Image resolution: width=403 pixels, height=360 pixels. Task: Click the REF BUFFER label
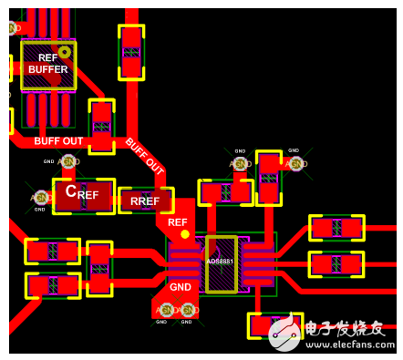(47, 63)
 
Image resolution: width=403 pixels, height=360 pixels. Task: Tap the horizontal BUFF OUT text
(58, 140)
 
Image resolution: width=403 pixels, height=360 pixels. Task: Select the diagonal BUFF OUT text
(144, 157)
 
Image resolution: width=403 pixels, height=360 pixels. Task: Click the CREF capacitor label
(82, 193)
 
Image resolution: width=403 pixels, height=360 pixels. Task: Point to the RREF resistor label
(144, 201)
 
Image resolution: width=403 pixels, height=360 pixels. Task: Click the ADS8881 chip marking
(220, 262)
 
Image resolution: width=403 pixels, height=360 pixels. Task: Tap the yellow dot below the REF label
(185, 234)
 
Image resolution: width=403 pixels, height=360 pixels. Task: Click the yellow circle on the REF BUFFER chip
(64, 52)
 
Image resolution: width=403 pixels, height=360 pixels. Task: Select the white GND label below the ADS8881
(180, 287)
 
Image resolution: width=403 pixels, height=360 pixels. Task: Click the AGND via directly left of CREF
(40, 196)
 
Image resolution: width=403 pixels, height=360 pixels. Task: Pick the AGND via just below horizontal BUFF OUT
(67, 161)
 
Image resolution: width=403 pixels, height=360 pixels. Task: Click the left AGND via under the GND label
(166, 310)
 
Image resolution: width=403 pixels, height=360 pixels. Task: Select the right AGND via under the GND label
(188, 310)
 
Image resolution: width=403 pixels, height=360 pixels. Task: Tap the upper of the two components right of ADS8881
(336, 228)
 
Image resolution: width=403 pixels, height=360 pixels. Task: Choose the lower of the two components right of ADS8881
(336, 264)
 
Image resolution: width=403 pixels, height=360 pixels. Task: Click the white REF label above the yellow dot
(178, 221)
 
